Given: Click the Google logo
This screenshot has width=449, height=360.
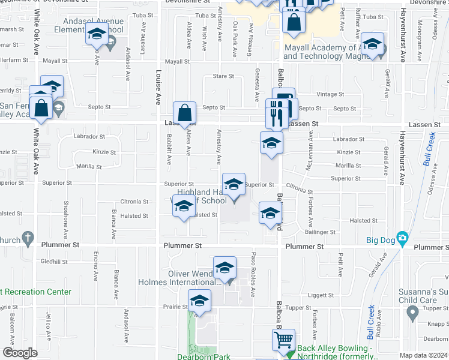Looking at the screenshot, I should pyautogui.click(x=20, y=353).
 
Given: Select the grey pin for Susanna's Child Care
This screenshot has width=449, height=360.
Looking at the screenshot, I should pyautogui.click(x=412, y=313).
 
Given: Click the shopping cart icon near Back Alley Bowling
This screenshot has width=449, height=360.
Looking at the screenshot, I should pyautogui.click(x=283, y=340).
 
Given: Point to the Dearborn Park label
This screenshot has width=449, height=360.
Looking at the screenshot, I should pyautogui.click(x=203, y=356).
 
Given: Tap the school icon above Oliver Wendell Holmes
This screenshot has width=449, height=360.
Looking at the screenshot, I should pyautogui.click(x=224, y=268).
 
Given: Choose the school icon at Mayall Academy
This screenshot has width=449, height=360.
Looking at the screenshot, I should pyautogui.click(x=372, y=45).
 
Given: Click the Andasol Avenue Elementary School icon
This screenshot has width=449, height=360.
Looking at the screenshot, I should pyautogui.click(x=95, y=37).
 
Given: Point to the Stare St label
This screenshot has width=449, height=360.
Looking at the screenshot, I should pyautogui.click(x=223, y=76).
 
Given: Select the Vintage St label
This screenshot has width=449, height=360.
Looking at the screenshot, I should pyautogui.click(x=330, y=94).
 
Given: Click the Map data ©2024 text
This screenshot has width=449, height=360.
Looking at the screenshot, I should pyautogui.click(x=423, y=355).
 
